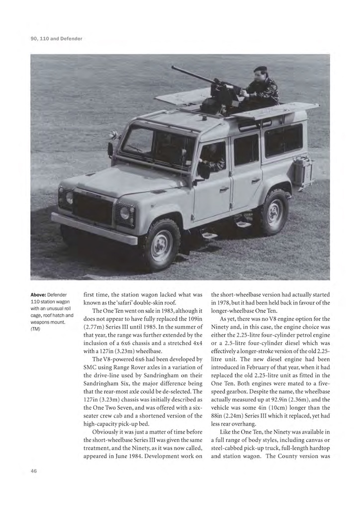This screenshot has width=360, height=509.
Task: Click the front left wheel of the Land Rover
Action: click(162, 245)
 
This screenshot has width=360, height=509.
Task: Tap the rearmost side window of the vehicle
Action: click(283, 139)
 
